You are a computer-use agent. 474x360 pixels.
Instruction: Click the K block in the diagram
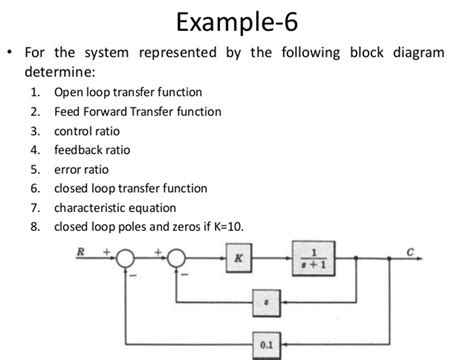(238, 258)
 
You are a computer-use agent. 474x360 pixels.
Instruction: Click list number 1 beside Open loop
(34, 92)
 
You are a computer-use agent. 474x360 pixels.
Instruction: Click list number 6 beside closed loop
(34, 187)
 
